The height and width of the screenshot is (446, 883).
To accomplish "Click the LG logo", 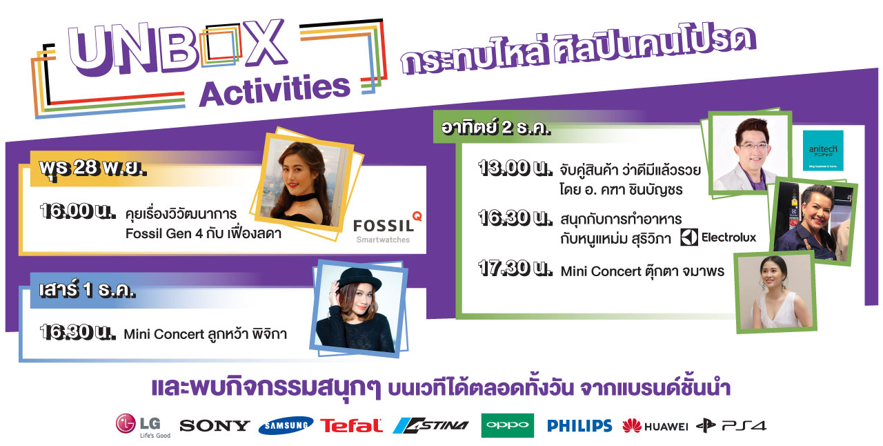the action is (x=143, y=425).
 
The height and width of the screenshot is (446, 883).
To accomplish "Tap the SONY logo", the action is (x=215, y=425).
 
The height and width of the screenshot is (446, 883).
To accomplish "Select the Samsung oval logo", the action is (x=286, y=425).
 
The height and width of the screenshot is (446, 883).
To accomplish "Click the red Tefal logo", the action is (x=351, y=425).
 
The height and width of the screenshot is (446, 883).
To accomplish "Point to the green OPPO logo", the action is (x=507, y=425).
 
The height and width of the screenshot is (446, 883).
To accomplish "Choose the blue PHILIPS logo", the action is (x=579, y=426).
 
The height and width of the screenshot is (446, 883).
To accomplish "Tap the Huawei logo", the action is (x=655, y=426).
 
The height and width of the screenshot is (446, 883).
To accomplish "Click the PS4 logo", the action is (x=731, y=426).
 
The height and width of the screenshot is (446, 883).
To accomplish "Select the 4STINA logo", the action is (x=431, y=425).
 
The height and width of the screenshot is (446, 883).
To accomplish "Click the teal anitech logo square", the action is (x=823, y=151).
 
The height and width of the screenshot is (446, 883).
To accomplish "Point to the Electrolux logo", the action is (x=718, y=237).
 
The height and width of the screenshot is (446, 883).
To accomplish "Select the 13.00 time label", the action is (x=515, y=168).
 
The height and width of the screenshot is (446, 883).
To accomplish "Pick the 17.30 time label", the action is (x=515, y=268).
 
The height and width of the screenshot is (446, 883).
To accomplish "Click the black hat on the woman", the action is (x=358, y=278).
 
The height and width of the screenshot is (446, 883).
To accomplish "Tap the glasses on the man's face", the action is (x=752, y=146).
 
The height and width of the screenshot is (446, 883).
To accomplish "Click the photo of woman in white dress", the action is (x=775, y=292).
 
